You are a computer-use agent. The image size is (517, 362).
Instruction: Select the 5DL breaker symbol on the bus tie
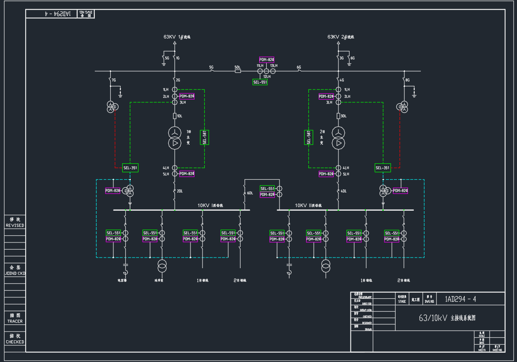[x=238, y=71]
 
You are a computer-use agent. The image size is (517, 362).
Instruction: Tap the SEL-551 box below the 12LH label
[x=260, y=82]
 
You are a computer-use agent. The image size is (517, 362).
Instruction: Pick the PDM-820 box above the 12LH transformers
[x=267, y=60]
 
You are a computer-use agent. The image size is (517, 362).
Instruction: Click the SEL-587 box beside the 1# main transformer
[x=205, y=137]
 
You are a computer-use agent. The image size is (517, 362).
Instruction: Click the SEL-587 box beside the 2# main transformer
[x=309, y=137]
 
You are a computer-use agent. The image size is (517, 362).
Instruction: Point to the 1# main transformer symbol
[x=175, y=138]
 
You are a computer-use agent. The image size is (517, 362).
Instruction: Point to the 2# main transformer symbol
[x=338, y=138]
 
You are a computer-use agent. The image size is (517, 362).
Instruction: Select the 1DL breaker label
[x=179, y=116]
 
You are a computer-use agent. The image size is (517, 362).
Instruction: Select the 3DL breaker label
[x=343, y=116]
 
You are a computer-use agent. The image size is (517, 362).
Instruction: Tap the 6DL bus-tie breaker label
[x=250, y=193]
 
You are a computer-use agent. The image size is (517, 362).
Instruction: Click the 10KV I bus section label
[x=210, y=206]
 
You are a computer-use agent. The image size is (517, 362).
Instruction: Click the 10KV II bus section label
[x=309, y=206]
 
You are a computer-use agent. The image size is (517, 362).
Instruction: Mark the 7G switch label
[x=114, y=81]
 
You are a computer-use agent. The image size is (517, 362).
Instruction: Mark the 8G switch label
[x=408, y=81]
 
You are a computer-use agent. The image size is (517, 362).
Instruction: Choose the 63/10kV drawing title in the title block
[x=447, y=318]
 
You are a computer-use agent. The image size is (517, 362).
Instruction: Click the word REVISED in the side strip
[x=15, y=226]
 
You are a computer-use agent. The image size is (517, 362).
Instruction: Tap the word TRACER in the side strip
[x=15, y=321]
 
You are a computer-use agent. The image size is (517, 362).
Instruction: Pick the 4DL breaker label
[x=343, y=191]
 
